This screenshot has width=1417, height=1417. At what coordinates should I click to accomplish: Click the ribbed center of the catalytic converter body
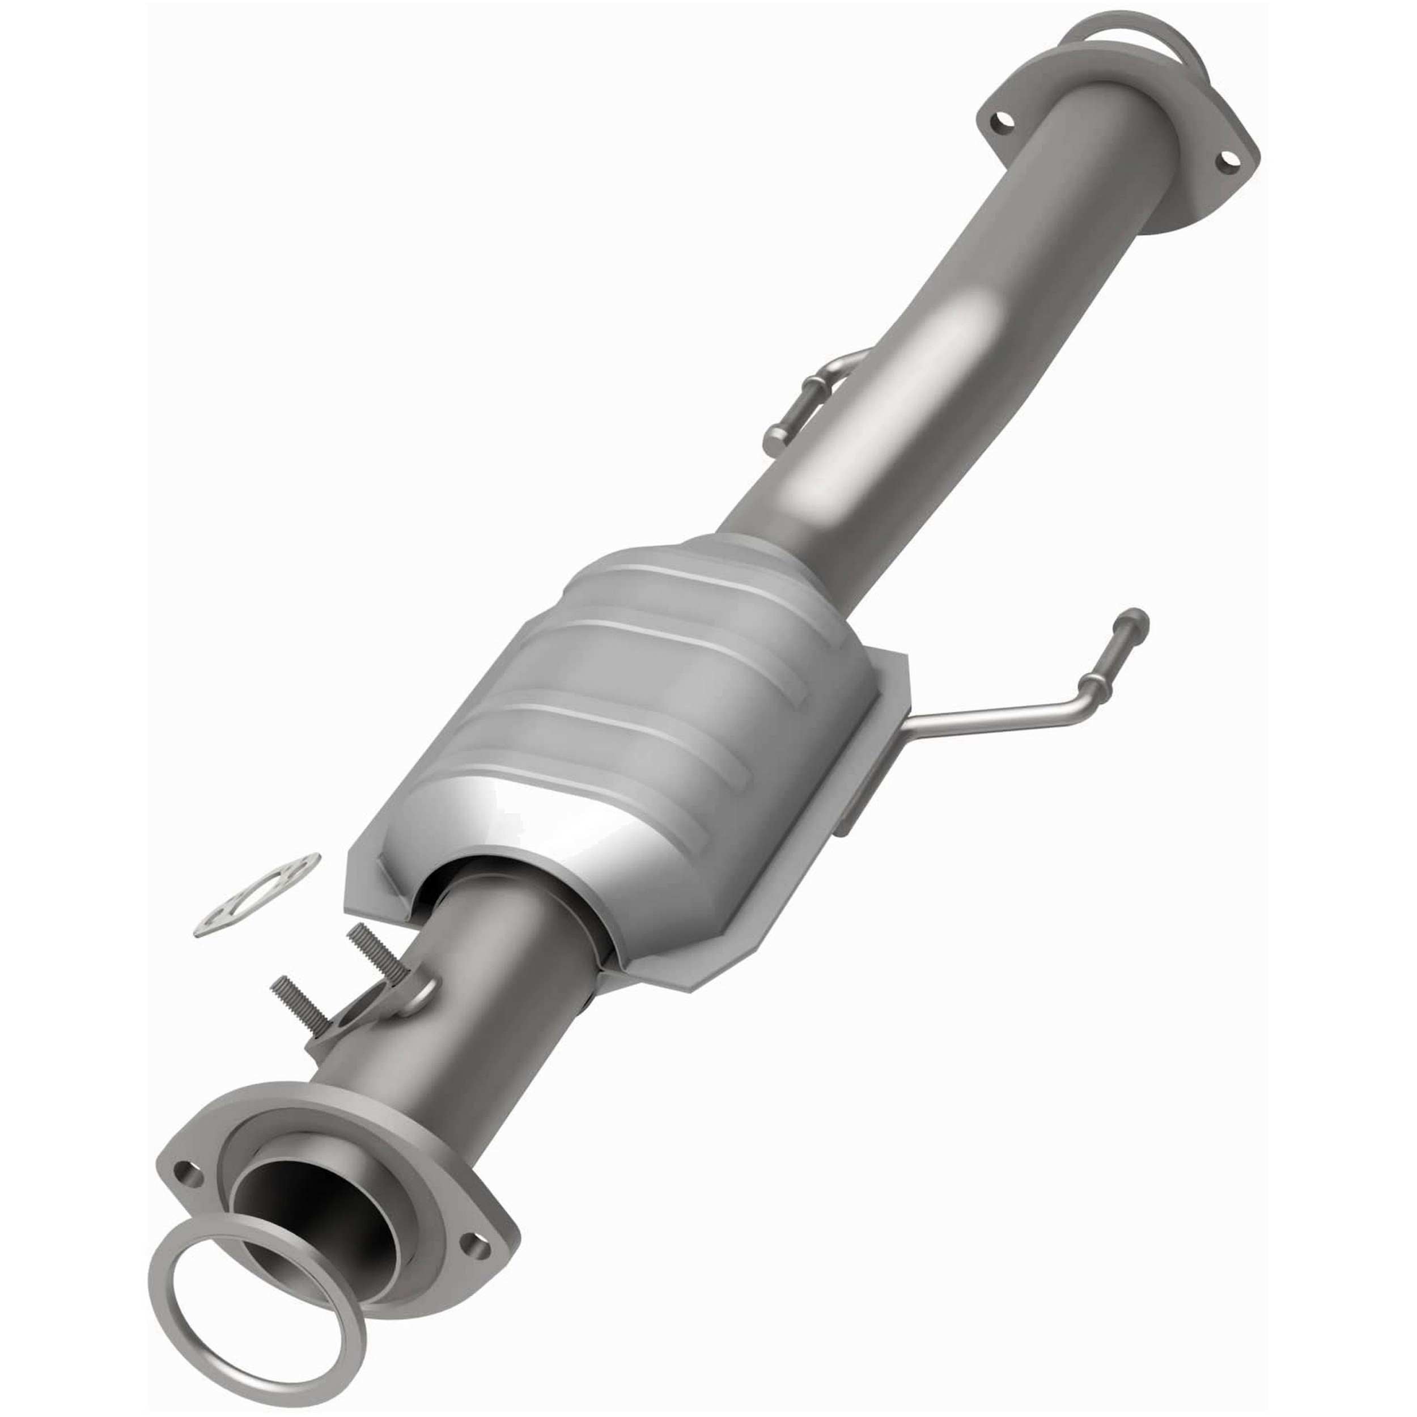point(646,682)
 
